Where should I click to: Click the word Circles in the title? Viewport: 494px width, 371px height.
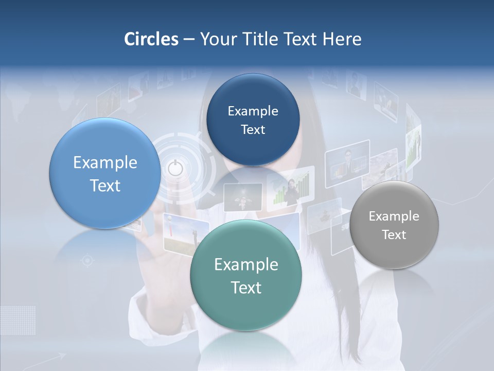(x=151, y=39)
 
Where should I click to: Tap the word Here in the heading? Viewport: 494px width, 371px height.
(x=342, y=39)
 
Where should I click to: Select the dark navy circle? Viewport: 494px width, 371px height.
(x=253, y=120)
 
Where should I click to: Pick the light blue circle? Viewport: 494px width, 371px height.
(x=105, y=173)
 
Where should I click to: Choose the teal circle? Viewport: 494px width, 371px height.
(x=245, y=275)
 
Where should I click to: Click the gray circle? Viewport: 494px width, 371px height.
(x=394, y=225)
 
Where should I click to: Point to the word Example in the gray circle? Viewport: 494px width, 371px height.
(x=394, y=216)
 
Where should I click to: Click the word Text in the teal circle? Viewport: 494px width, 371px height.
(x=246, y=288)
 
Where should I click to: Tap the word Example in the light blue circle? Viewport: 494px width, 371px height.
(x=105, y=162)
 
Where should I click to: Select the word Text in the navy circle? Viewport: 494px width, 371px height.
(x=253, y=129)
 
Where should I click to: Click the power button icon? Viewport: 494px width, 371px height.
(x=175, y=168)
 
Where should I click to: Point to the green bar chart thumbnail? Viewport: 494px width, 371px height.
(x=291, y=189)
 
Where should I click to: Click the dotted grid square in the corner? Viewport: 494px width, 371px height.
(x=18, y=320)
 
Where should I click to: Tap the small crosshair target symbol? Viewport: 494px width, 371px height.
(x=87, y=261)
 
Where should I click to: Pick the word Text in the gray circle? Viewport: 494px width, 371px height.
(x=394, y=234)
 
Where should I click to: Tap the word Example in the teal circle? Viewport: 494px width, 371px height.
(x=246, y=264)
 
